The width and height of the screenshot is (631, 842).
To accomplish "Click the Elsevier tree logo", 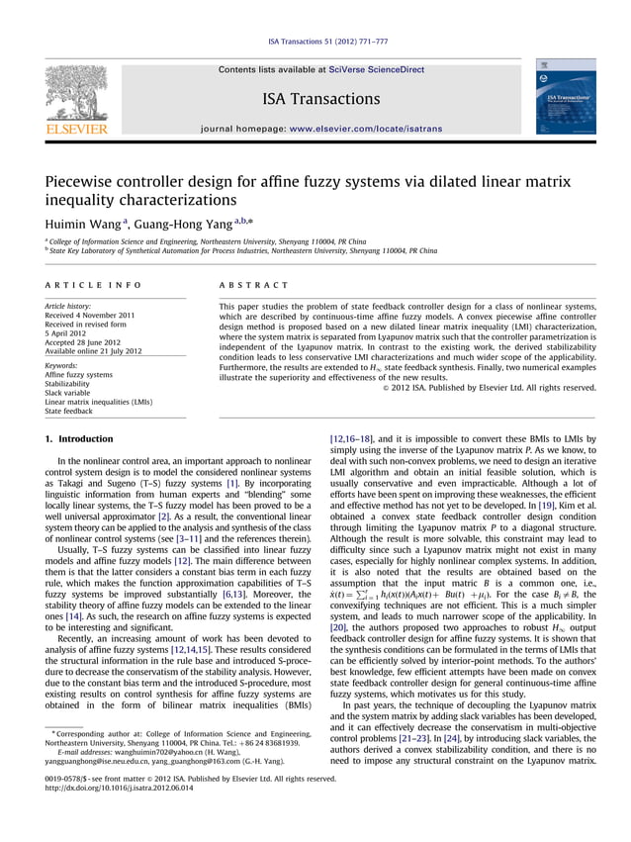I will point(75,96).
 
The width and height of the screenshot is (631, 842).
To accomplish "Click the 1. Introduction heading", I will point(85,438).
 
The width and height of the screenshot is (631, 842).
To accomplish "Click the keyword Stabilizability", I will point(70,384).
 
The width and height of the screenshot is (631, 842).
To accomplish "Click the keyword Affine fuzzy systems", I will point(79,375).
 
